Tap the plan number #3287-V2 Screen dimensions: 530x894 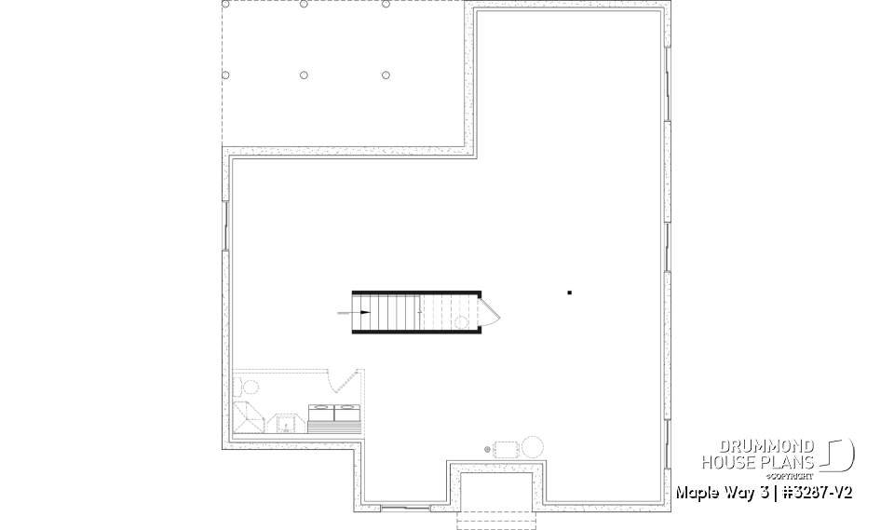tap(810, 492)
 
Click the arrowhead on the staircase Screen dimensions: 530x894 tap(365, 314)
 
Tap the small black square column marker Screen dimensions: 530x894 tap(569, 293)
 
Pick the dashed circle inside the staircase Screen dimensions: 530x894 tap(461, 322)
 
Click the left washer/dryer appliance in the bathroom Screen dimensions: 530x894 tap(320, 411)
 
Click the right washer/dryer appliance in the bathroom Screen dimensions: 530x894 tap(346, 411)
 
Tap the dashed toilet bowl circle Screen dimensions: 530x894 tap(251, 386)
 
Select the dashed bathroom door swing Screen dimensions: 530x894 tap(343, 382)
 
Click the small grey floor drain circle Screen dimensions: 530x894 tap(488, 449)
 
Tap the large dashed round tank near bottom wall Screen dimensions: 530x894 tap(533, 446)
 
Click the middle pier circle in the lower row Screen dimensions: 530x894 tap(305, 75)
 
